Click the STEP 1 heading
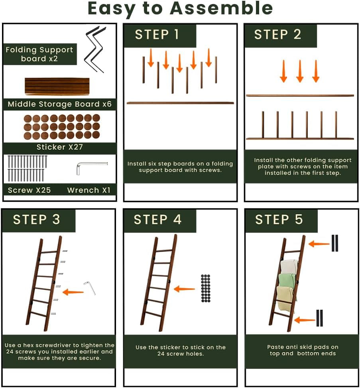pos(157,34)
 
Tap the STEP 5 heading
pos(279,219)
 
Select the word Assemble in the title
pos(222,8)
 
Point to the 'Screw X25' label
pos(29,190)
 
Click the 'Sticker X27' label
pos(60,147)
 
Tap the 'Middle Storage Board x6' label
pos(60,104)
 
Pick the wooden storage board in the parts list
pos(57,86)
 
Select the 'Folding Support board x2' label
pos(39,54)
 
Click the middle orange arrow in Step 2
pos(300,71)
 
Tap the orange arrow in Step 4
pos(184,289)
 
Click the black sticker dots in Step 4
pos(205,288)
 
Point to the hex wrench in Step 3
pos(90,288)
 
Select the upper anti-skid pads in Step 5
pos(335,243)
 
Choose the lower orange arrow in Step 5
pos(305,320)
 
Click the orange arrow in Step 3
pos(73,292)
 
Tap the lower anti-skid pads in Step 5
pos(319,318)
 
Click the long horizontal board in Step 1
pos(180,103)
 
